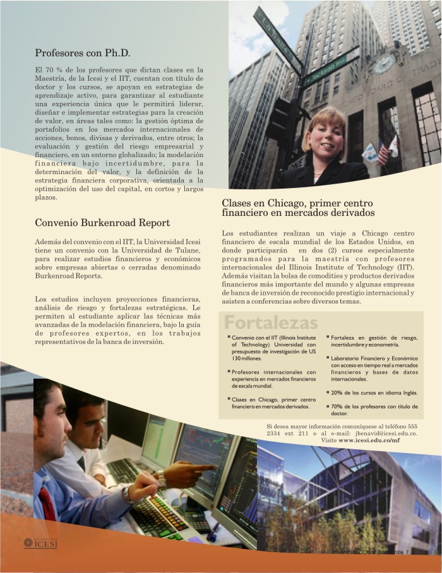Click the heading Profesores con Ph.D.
click(x=82, y=53)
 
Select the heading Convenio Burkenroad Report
click(x=102, y=223)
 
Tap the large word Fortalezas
click(x=271, y=323)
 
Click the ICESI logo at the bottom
click(x=40, y=542)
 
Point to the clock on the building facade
click(x=383, y=64)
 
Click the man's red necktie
click(x=47, y=503)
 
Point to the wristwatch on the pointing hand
click(x=161, y=479)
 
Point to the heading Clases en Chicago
click(x=297, y=208)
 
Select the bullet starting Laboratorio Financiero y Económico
click(x=374, y=369)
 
